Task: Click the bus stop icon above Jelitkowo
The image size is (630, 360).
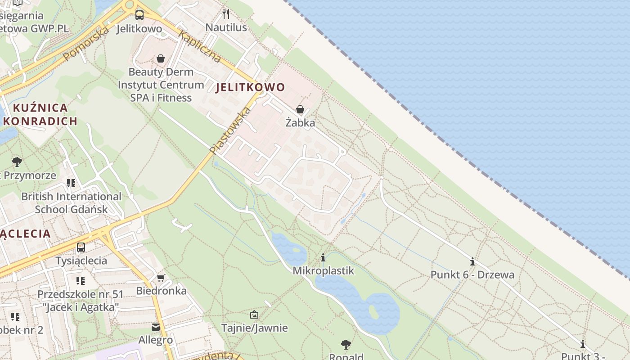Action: pos(139,15)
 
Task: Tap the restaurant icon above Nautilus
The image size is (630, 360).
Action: pos(226,14)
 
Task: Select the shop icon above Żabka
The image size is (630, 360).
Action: pos(300,109)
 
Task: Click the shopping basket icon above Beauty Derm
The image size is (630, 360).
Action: pos(161,58)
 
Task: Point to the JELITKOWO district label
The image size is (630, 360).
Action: pos(250,87)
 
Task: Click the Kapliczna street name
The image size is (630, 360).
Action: pos(200,46)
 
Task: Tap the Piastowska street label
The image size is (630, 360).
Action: pos(230,130)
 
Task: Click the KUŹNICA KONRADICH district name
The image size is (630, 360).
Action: pos(40,114)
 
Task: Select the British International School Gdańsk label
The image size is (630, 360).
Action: pos(72,203)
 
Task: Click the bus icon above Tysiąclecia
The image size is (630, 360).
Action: pos(81,247)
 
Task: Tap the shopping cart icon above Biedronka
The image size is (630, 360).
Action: pos(161,278)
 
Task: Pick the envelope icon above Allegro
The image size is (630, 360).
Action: pos(156,327)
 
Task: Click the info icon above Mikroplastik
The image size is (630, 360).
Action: pos(323,257)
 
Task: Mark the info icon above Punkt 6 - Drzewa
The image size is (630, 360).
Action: pos(472,261)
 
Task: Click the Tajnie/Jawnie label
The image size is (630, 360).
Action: pos(254,328)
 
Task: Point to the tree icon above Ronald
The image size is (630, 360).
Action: pos(346,345)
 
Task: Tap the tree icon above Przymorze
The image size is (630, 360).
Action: pos(17,162)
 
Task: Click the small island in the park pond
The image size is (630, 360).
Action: pos(373,311)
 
